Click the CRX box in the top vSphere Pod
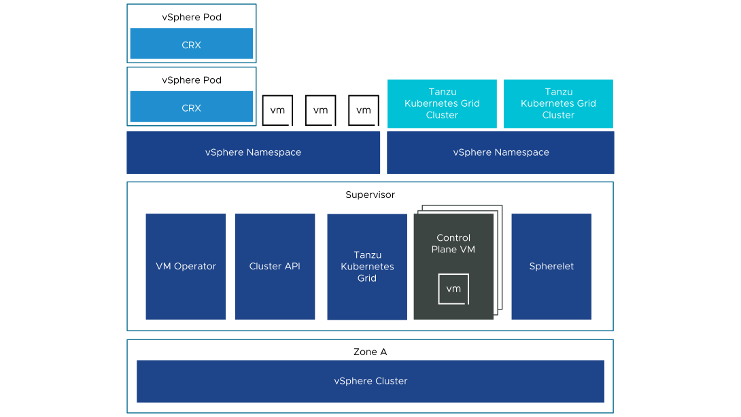point(192,44)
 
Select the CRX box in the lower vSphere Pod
point(192,106)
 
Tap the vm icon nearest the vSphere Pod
point(277,110)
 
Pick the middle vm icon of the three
point(320,110)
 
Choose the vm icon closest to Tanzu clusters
point(364,110)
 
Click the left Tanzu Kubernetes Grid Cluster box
point(442,103)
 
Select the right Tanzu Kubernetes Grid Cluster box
point(558,103)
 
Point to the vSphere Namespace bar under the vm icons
point(254,152)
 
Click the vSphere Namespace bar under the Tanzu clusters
point(500,152)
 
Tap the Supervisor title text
point(370,195)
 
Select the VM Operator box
point(186,266)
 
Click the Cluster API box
point(275,266)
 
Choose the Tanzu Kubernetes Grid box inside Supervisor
point(367,267)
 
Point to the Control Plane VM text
point(453,244)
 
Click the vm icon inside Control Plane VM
point(453,289)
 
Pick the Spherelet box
point(551,266)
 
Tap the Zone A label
point(370,352)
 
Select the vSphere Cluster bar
point(370,381)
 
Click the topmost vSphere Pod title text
point(192,17)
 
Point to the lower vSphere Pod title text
point(192,80)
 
